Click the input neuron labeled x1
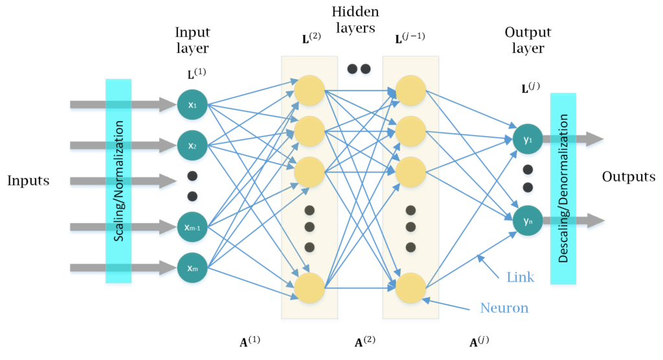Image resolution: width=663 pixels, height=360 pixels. tap(192, 104)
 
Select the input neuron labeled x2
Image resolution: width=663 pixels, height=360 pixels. tap(192, 145)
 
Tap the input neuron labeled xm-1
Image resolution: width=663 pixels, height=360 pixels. tap(192, 226)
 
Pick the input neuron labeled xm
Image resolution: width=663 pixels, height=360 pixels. tap(192, 267)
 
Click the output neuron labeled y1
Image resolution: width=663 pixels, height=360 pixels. tap(528, 139)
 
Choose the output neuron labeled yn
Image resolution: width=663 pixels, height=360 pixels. tap(528, 221)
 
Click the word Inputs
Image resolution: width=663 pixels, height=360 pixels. tap(28, 181)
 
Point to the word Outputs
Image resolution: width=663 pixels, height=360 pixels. tap(628, 177)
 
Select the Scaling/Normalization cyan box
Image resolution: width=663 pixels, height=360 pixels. tap(118, 181)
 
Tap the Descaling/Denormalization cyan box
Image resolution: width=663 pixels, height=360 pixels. tap(563, 188)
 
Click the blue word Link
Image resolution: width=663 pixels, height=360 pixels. tap(521, 277)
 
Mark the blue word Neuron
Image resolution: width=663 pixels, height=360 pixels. tap(504, 308)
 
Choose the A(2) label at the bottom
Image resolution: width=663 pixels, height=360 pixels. tap(366, 342)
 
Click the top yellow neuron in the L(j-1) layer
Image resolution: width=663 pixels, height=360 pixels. tap(410, 91)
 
